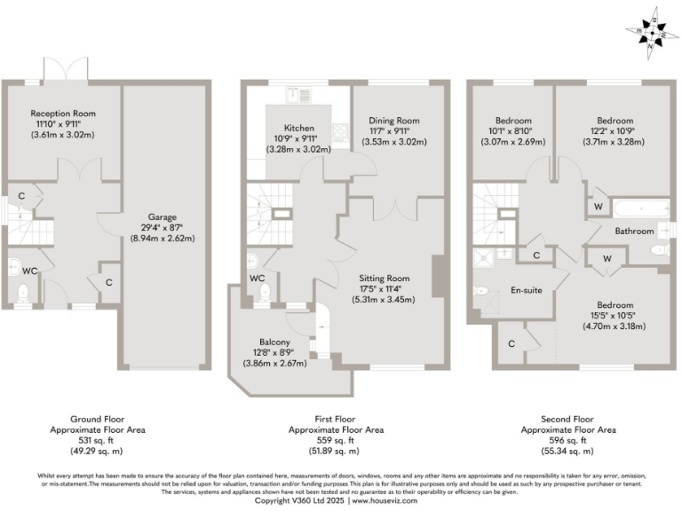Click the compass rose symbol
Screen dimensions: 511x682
(654, 33)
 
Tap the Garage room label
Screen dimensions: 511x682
(163, 216)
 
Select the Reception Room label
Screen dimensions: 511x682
(62, 114)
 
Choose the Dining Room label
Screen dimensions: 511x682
(395, 121)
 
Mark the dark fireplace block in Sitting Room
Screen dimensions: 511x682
(438, 277)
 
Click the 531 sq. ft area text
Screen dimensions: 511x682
(98, 440)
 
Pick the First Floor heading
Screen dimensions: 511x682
(337, 419)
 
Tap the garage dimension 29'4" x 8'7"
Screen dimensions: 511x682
(163, 227)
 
